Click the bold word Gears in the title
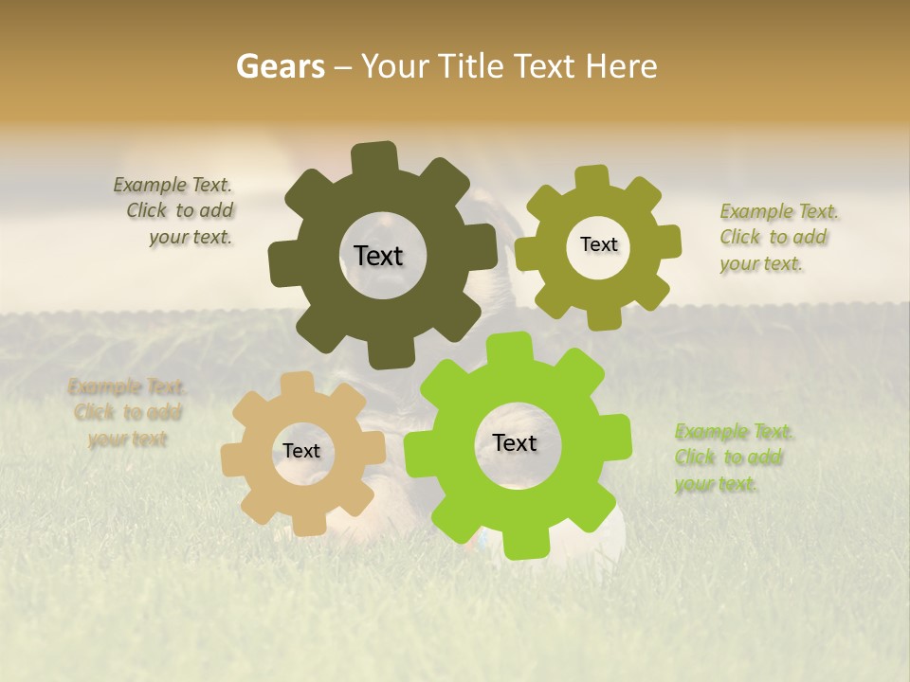coord(281,66)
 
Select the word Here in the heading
coord(621,66)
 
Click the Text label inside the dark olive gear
coord(378,256)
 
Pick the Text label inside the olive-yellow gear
coord(598,244)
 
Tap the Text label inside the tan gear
coord(301,452)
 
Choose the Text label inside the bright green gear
coord(515,443)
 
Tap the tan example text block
coord(127,413)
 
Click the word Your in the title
coord(394,66)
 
